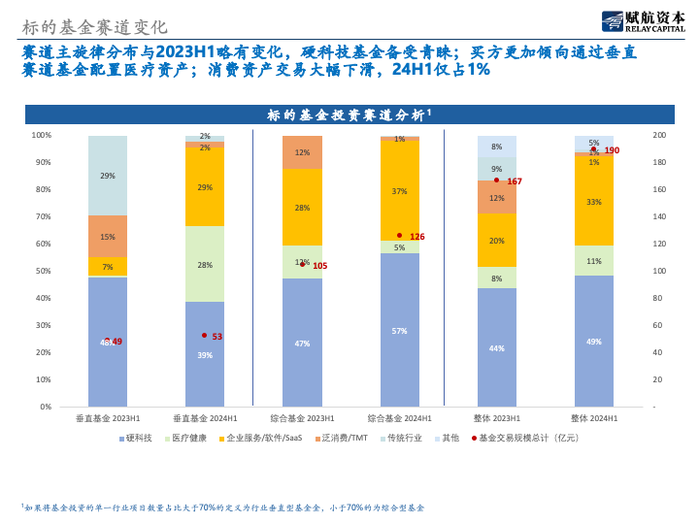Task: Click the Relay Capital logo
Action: (643, 20)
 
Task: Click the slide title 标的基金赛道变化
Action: (94, 27)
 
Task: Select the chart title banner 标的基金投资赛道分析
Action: (349, 115)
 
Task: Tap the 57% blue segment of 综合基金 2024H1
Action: (399, 330)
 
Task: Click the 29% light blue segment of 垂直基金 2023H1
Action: (108, 176)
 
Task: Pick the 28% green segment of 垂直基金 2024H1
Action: (205, 264)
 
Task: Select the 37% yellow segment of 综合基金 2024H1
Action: (399, 191)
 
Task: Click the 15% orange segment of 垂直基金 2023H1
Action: (108, 237)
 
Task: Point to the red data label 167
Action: (515, 181)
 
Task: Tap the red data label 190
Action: (612, 150)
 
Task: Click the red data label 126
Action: (417, 237)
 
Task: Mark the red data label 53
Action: (216, 337)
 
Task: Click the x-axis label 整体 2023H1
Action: (496, 418)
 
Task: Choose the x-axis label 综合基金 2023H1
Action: (302, 418)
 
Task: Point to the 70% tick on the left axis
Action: (42, 216)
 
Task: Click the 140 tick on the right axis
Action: (659, 216)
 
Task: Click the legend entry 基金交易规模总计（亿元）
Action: (529, 438)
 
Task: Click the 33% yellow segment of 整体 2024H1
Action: (593, 202)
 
